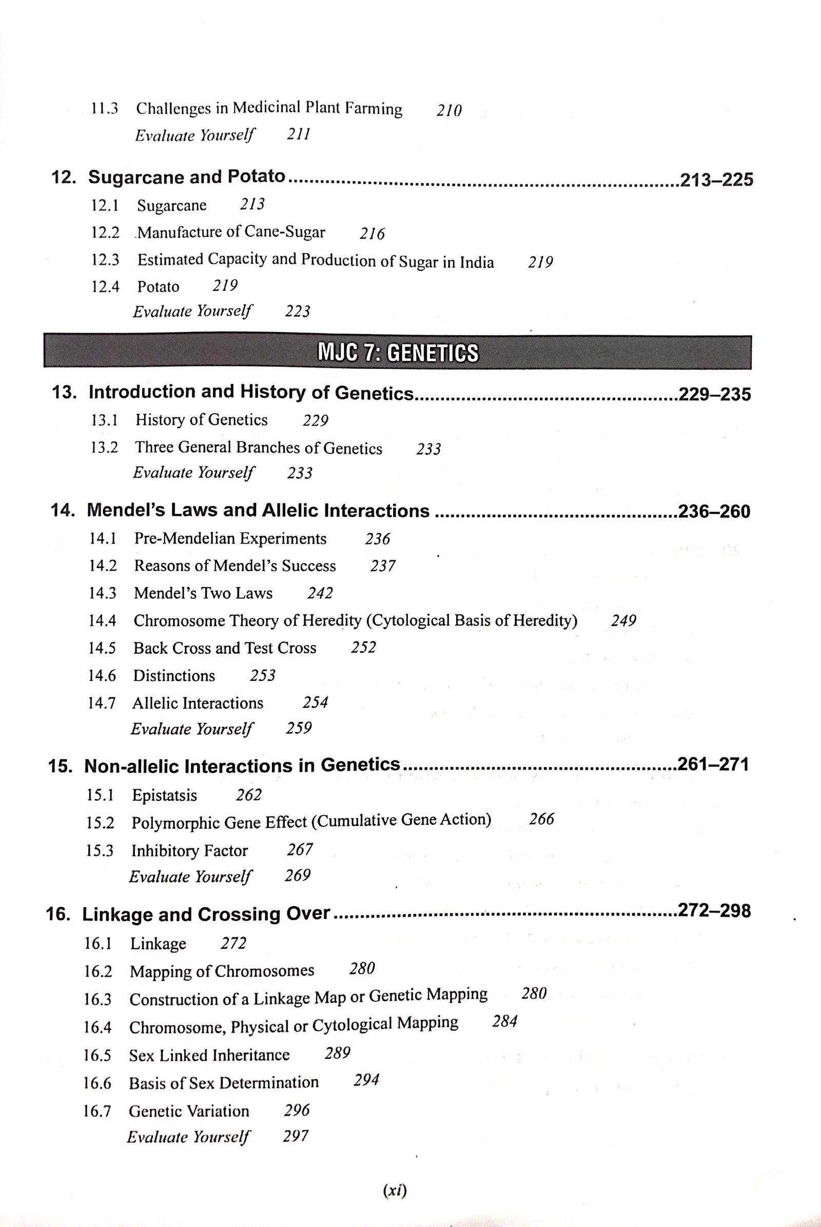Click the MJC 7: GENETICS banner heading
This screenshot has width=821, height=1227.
coord(398,353)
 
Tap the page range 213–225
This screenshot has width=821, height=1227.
coord(716,180)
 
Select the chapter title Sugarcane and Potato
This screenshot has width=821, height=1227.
coord(186,177)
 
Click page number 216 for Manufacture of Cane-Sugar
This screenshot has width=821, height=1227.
coord(372,233)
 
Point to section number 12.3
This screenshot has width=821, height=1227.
coord(105,260)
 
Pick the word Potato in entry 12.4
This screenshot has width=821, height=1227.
coord(158,287)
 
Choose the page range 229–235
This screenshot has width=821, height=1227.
coord(714,394)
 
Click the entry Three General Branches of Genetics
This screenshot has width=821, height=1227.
coord(259,448)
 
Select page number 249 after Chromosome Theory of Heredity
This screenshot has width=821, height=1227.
coord(623,621)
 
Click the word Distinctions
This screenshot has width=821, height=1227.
coord(174,675)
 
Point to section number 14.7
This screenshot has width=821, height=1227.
coord(102,703)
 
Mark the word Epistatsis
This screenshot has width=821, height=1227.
coord(164,795)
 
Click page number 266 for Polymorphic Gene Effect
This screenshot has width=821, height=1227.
coord(541,820)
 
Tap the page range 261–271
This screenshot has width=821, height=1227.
coord(713,765)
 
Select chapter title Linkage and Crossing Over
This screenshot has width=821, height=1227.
coord(206,914)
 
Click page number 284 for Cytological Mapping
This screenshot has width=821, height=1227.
coord(505,1021)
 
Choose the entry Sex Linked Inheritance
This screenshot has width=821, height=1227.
coord(209,1055)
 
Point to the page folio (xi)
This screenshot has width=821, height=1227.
coord(395,1191)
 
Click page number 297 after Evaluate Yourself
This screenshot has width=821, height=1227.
coord(296,1136)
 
